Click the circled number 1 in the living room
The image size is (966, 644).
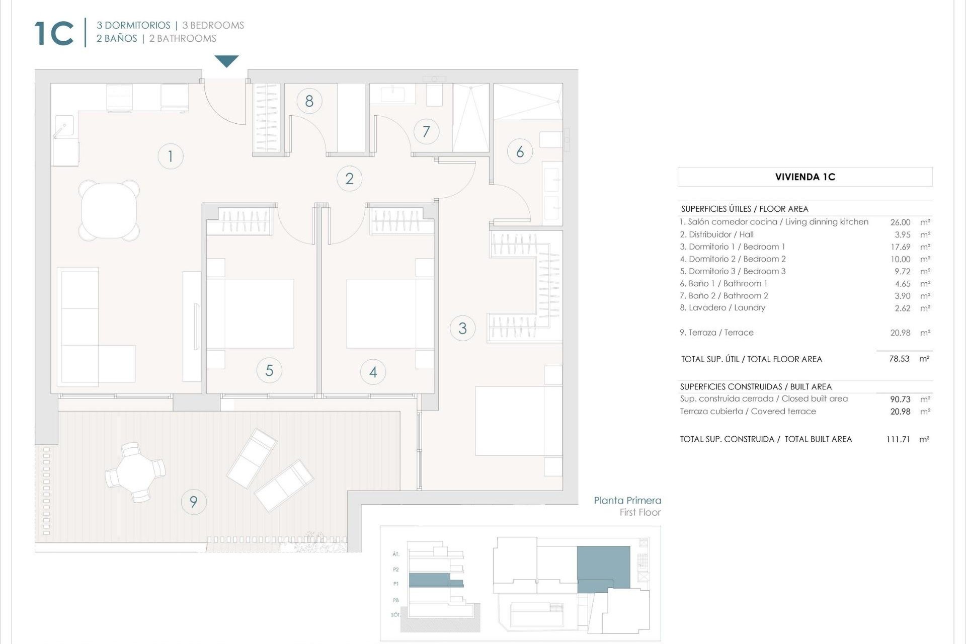(170, 156)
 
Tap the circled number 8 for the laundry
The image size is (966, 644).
(309, 101)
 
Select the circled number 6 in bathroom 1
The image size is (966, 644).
(520, 151)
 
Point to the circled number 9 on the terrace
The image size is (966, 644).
(193, 501)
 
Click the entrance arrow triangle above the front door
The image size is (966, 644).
(226, 60)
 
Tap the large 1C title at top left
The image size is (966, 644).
(54, 33)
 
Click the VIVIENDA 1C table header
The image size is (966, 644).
(804, 177)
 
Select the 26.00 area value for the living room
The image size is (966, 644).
(900, 222)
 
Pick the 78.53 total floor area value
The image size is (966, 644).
(899, 359)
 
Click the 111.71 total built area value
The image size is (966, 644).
(898, 439)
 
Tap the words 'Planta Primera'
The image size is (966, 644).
(627, 500)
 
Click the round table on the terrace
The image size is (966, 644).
(134, 473)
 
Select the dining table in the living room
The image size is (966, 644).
(109, 210)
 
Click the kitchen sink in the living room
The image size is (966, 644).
(64, 126)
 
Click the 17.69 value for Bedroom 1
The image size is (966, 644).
(900, 247)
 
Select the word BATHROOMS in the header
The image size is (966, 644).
(186, 39)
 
